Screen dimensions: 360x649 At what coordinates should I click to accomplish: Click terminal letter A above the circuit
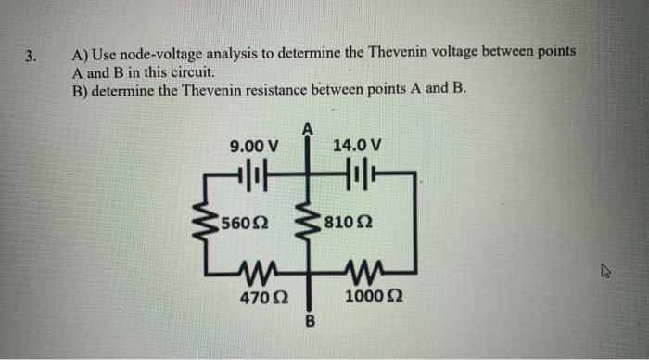(x=307, y=128)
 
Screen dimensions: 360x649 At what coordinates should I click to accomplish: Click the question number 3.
(x=30, y=55)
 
